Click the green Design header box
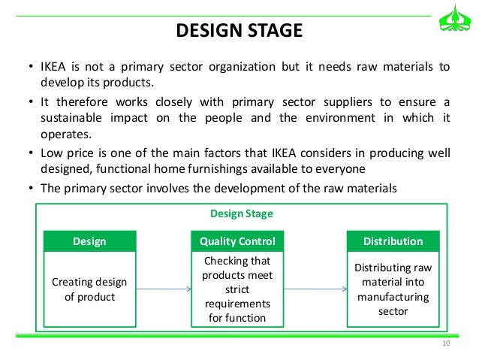click(89, 241)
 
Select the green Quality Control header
click(237, 241)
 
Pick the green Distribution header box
click(393, 241)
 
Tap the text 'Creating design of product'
click(89, 289)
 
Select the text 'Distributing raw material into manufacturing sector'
click(393, 289)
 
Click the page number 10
click(446, 343)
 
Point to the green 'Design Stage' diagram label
click(241, 214)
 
